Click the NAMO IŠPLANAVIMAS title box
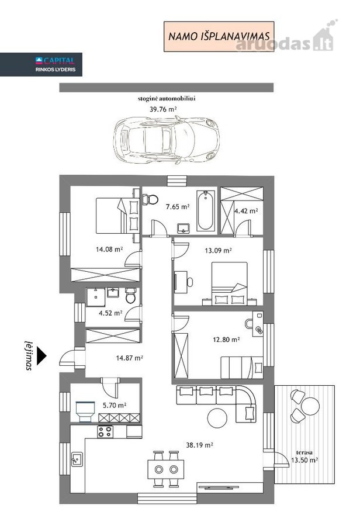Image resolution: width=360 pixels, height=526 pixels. pyautogui.click(x=219, y=36)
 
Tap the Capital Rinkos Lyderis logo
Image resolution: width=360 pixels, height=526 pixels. pyautogui.click(x=41, y=64)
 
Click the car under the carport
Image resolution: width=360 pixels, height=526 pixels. pyautogui.click(x=167, y=140)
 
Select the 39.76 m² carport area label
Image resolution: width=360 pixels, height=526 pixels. pyautogui.click(x=163, y=109)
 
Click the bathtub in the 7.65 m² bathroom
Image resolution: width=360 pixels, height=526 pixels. pyautogui.click(x=205, y=210)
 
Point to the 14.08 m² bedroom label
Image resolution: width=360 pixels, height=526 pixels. pyautogui.click(x=109, y=249)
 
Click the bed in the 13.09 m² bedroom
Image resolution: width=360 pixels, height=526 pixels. pyautogui.click(x=230, y=283)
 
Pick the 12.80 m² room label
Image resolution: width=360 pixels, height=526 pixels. pyautogui.click(x=226, y=340)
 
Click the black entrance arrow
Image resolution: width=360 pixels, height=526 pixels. pyautogui.click(x=41, y=355)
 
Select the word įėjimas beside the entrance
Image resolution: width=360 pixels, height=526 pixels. pyautogui.click(x=29, y=355)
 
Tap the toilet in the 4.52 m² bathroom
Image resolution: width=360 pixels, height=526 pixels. pyautogui.click(x=130, y=295)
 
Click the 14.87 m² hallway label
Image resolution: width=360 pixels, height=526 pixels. pyautogui.click(x=130, y=358)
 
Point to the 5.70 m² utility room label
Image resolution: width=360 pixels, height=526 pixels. pyautogui.click(x=115, y=405)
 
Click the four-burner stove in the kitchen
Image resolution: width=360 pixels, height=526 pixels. pyautogui.click(x=105, y=431)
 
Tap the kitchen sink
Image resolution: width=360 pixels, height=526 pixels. pyautogui.click(x=77, y=459)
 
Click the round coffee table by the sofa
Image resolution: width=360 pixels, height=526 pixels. pyautogui.click(x=217, y=418)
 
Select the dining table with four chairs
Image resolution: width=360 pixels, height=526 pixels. pyautogui.click(x=166, y=469)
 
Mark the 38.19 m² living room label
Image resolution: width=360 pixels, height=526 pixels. pyautogui.click(x=200, y=445)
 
